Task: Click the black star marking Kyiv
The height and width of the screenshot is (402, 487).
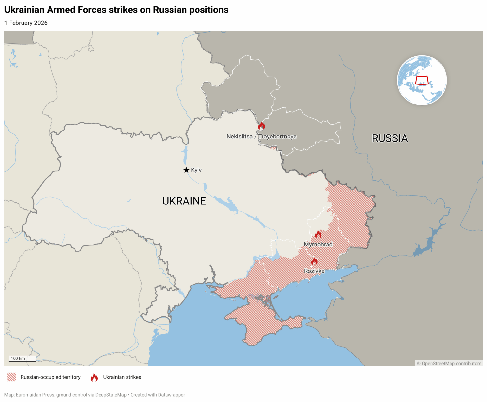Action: point(186,170)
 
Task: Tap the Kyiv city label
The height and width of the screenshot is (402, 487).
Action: point(196,170)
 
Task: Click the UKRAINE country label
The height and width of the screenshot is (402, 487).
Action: point(184,201)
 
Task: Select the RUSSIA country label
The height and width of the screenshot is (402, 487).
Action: point(390,138)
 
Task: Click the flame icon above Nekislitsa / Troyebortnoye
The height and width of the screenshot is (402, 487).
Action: point(262,126)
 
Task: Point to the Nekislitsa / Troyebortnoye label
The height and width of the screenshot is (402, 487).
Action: point(261,137)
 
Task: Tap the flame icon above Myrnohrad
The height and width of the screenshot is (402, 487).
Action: point(318,234)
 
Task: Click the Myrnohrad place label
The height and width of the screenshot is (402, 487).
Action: point(318,245)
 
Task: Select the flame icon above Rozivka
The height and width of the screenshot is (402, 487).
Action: point(314,261)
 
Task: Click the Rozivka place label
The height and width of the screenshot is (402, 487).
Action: point(314,271)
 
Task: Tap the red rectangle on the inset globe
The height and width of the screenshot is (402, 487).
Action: point(422,80)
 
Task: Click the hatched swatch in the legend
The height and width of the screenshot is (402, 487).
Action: point(12,377)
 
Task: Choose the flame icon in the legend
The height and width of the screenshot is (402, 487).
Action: point(94,377)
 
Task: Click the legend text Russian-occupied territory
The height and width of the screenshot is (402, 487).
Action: point(50,377)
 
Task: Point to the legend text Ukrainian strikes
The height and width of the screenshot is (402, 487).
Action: point(122,377)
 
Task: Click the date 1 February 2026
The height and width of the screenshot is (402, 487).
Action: point(26,23)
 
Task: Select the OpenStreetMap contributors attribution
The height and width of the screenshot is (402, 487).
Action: point(449,364)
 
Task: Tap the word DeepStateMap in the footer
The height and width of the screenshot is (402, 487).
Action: point(111,395)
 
